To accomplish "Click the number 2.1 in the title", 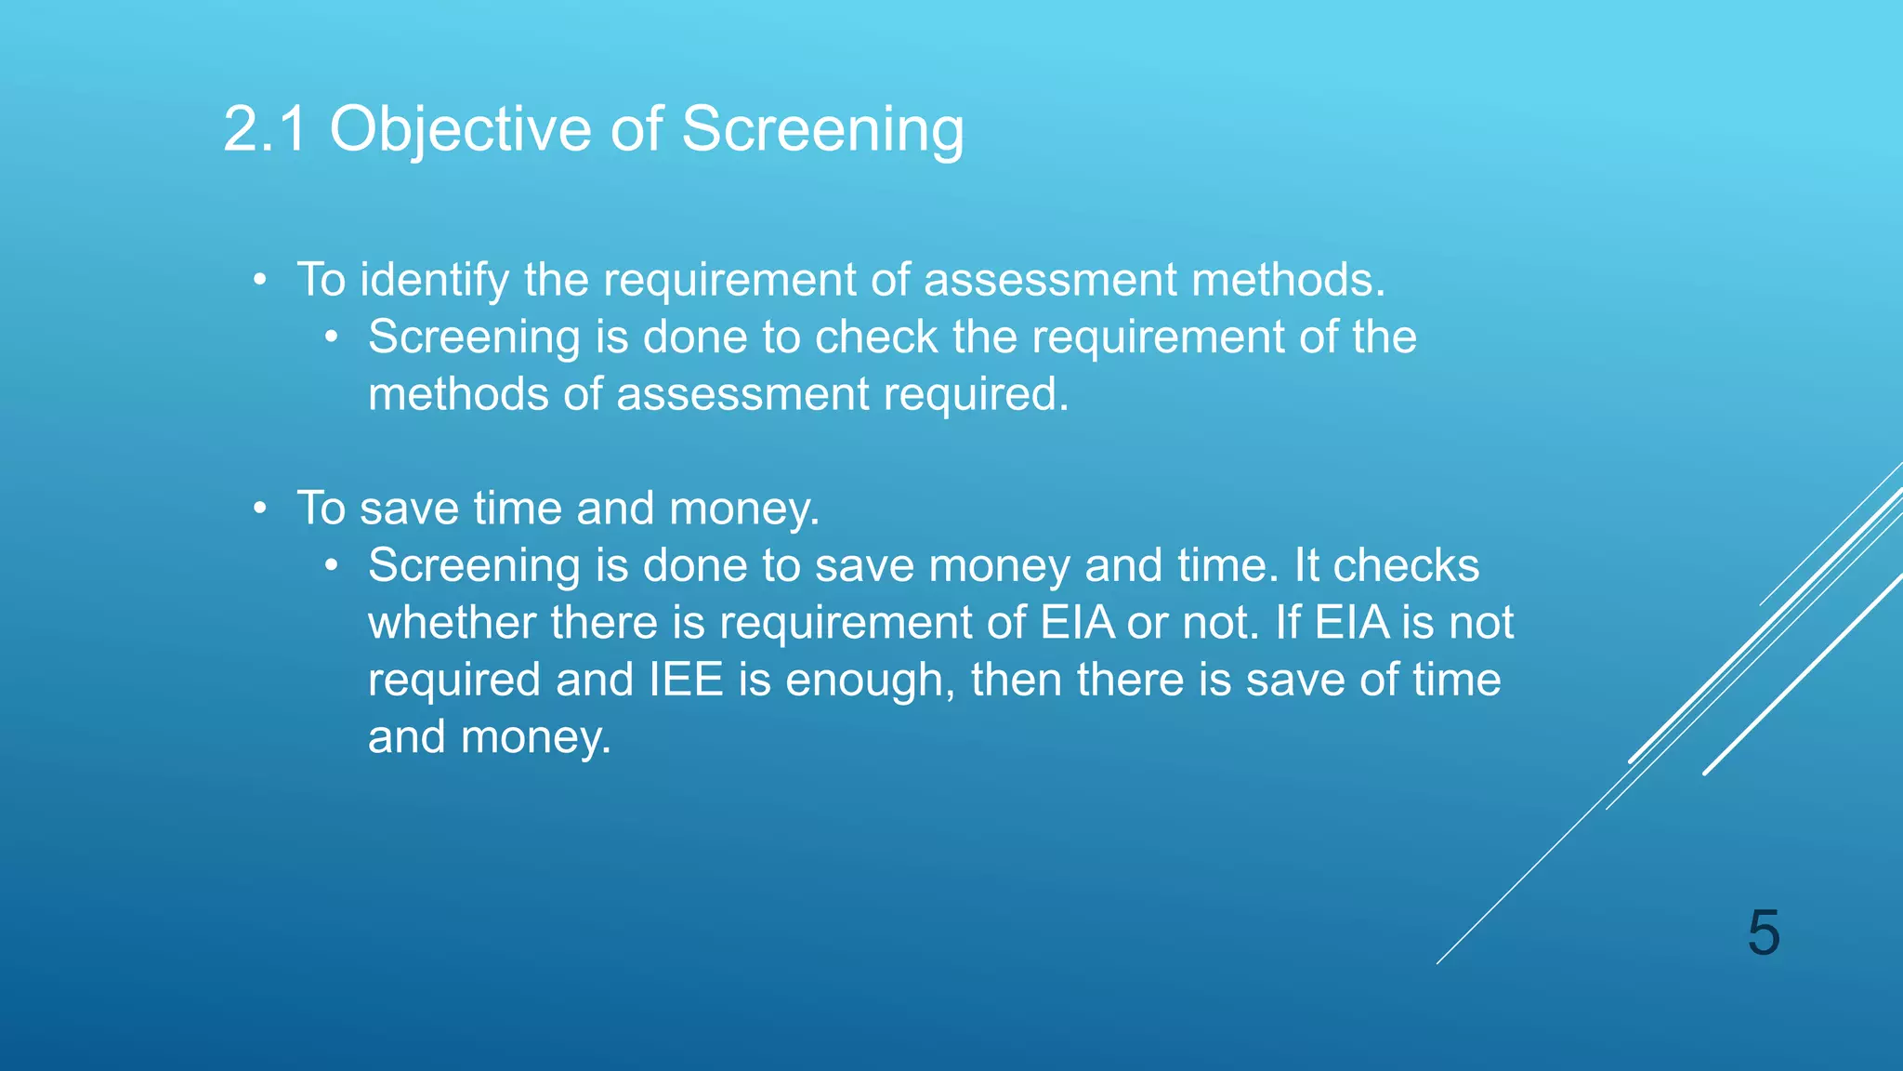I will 265,128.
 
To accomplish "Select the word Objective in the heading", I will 460,130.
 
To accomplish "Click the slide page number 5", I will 1763,932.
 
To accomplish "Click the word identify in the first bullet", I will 434,280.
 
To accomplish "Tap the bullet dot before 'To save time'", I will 261,509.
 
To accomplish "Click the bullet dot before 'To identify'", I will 261,280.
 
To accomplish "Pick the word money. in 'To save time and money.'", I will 744,509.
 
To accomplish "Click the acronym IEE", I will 686,680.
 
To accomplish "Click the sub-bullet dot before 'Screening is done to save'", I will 332,565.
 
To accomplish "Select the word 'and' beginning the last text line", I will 406,737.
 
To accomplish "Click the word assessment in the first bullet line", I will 1050,280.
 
